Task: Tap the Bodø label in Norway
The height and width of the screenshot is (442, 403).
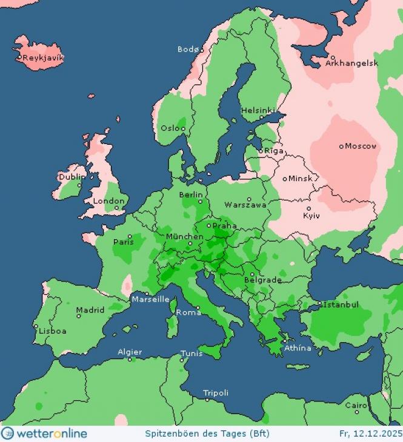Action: pyautogui.click(x=188, y=49)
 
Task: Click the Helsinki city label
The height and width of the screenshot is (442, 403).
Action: pyautogui.click(x=258, y=111)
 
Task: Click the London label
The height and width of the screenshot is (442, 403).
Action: pyautogui.click(x=109, y=200)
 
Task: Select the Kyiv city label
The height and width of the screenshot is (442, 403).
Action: pyautogui.click(x=311, y=216)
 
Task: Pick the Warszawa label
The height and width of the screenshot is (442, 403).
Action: pyautogui.click(x=245, y=205)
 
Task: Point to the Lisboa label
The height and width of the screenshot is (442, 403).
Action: pyautogui.click(x=53, y=331)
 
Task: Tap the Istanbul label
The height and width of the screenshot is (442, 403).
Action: pyautogui.click(x=341, y=304)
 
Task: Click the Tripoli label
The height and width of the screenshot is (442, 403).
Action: pyautogui.click(x=216, y=393)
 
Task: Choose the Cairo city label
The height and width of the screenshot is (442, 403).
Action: pyautogui.click(x=356, y=405)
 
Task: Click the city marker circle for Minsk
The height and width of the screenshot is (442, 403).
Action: pyautogui.click(x=285, y=179)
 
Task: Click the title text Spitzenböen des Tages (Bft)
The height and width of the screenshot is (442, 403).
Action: pyautogui.click(x=207, y=434)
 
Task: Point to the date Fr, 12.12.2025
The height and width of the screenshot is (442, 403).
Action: pyautogui.click(x=370, y=434)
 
